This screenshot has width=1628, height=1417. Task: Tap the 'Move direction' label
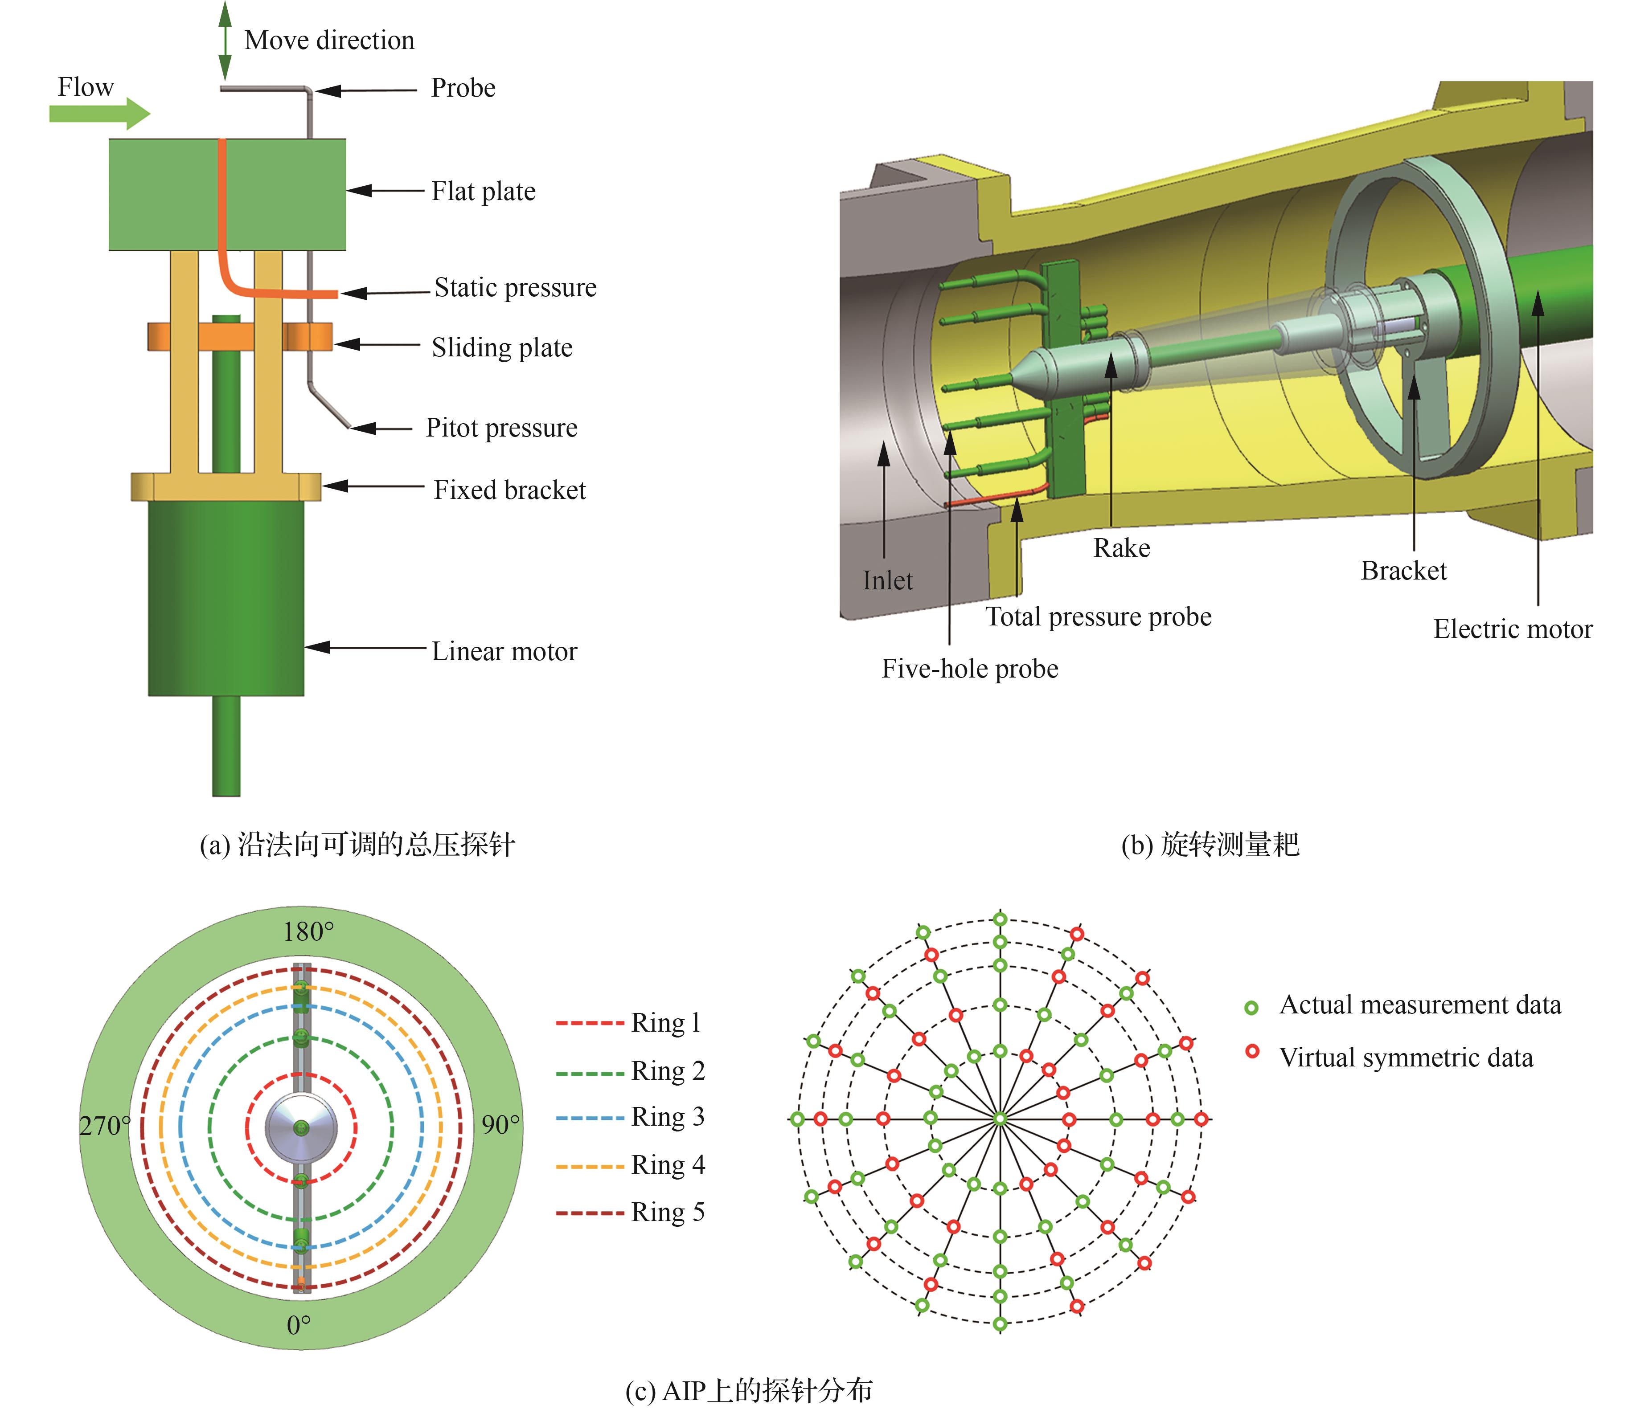(x=329, y=41)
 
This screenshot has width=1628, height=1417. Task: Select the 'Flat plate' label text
(x=484, y=192)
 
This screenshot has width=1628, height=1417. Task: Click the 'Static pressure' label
(x=515, y=288)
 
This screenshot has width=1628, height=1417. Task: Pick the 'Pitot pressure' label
(x=501, y=428)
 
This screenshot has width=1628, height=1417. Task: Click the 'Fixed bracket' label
(x=509, y=490)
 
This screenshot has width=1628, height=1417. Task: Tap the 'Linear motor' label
(x=504, y=652)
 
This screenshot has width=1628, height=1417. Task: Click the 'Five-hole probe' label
(x=970, y=669)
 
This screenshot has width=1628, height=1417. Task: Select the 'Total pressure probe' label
(x=1098, y=617)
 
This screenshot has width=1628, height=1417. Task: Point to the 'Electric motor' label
(x=1513, y=629)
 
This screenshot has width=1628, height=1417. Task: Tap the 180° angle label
(x=308, y=932)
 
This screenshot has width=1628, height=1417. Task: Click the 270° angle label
(x=104, y=1125)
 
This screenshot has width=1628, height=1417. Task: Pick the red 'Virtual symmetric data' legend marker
(x=1251, y=1052)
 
